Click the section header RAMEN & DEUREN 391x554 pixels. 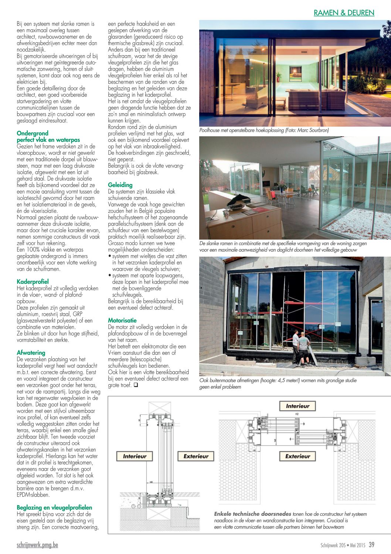344,13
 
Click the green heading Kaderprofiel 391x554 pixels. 33,282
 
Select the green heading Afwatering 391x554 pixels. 31,353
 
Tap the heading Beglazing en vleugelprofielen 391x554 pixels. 54,508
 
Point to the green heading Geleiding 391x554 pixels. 120,185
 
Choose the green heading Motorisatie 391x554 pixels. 122,321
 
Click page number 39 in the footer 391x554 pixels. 371,545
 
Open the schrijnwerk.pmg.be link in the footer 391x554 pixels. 37,545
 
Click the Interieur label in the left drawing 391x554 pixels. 135,457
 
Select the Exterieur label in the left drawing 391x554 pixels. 196,457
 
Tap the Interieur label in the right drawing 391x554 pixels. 297,406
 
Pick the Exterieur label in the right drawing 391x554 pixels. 297,457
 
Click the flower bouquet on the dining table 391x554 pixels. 282,184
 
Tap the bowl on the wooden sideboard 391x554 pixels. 234,205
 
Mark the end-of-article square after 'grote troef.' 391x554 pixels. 136,385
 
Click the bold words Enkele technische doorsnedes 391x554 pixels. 252,514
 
